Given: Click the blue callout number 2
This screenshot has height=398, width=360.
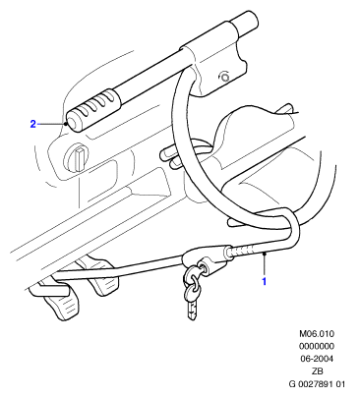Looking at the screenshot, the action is [x=32, y=124].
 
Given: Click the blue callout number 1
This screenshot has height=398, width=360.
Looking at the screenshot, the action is [x=264, y=281].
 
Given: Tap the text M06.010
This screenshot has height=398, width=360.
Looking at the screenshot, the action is [x=317, y=334].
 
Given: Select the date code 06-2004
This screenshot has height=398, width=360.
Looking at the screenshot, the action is [x=317, y=359].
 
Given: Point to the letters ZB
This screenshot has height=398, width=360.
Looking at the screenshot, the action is [x=317, y=371].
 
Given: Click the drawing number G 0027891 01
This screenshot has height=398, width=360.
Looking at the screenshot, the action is [x=317, y=384].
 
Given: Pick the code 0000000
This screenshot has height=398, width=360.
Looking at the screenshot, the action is [x=317, y=346].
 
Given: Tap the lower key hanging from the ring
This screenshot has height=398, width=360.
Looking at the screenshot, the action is [x=192, y=302].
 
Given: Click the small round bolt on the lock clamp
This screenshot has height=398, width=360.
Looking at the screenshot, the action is [x=224, y=78].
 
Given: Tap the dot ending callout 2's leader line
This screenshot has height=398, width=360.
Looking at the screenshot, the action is [x=66, y=124].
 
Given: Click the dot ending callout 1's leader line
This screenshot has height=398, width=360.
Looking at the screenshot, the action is [x=265, y=253].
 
